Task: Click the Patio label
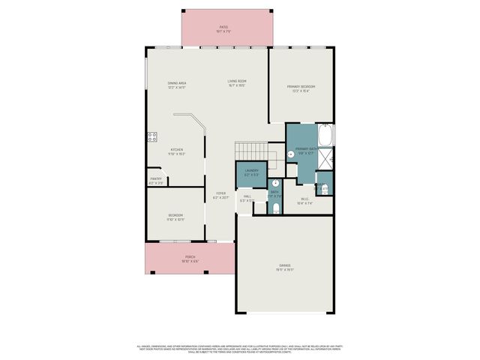point(223,29)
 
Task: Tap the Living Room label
point(237,83)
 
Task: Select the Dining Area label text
point(177,85)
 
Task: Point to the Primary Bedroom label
point(300,88)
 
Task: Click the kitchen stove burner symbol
point(152,136)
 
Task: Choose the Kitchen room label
point(176,151)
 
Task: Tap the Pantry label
point(156,181)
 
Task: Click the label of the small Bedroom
point(175,217)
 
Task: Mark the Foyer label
point(220,195)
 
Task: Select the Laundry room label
point(251,172)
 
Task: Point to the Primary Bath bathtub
point(327,136)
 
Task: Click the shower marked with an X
point(328,159)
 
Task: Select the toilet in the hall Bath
point(276,207)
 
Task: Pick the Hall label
point(247,199)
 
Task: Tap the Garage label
point(284,268)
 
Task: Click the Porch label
point(190,259)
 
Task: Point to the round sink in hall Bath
point(275,182)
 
